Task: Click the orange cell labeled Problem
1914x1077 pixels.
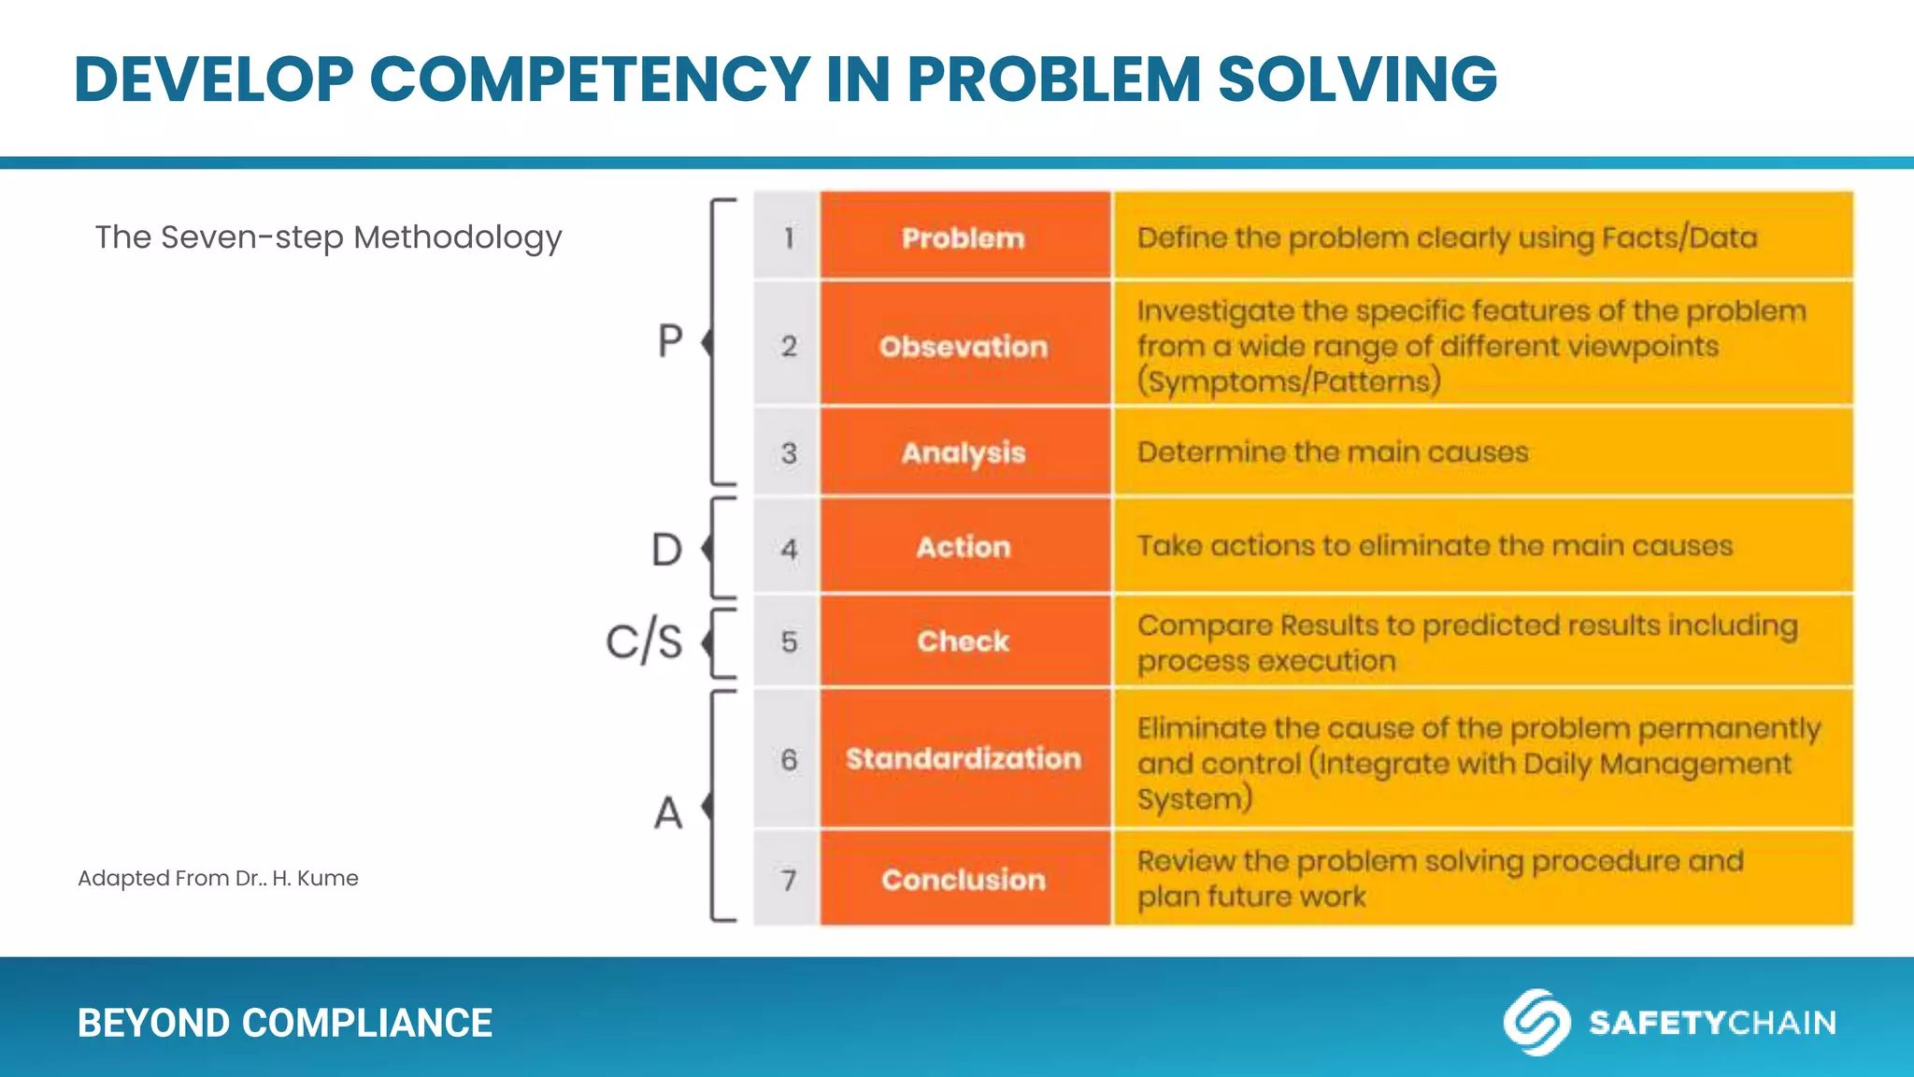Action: (964, 237)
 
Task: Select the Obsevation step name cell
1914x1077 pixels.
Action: (964, 346)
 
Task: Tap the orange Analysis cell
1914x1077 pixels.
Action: (964, 452)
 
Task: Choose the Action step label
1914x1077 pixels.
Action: (964, 547)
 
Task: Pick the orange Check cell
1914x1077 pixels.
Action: (964, 641)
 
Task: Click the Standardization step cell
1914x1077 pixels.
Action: (964, 758)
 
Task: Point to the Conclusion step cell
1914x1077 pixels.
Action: (964, 880)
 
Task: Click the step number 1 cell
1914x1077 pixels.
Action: (788, 237)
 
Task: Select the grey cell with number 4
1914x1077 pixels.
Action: (788, 548)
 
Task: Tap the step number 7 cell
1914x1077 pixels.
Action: (788, 880)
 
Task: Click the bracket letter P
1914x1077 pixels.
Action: (670, 342)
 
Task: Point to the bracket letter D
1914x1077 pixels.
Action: (666, 550)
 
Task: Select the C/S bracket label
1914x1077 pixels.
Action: (644, 642)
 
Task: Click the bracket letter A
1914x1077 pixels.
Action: (668, 812)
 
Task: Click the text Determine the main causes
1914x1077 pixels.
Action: (1332, 452)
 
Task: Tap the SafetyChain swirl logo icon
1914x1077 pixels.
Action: (1535, 1022)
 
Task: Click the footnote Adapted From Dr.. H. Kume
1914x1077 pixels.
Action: (218, 878)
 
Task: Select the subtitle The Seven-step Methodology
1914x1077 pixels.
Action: (328, 237)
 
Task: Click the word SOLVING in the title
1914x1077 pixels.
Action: (1357, 79)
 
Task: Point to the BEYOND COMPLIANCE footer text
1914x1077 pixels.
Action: (284, 1023)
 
